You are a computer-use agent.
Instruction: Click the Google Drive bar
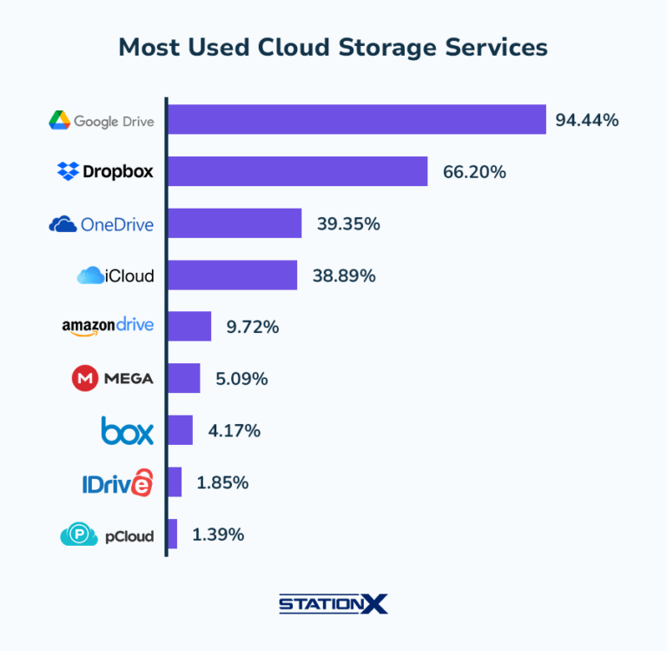tap(356, 120)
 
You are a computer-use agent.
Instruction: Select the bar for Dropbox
tap(297, 171)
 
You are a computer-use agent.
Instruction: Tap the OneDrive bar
tap(234, 223)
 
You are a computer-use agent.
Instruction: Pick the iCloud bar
tap(232, 276)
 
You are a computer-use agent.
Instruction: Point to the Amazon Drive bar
tap(189, 327)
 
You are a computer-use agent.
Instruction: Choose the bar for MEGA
tap(183, 378)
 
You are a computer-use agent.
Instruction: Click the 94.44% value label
tap(587, 121)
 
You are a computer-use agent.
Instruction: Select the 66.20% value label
tap(474, 172)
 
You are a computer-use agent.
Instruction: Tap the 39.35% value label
tap(348, 224)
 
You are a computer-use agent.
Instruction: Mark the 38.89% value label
tap(344, 276)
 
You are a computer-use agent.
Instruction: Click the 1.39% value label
tap(217, 535)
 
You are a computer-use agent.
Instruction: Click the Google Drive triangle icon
tap(59, 121)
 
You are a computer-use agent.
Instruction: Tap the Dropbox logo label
tap(105, 171)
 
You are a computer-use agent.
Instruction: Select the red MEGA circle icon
tap(83, 378)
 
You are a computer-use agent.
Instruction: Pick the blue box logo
tap(127, 430)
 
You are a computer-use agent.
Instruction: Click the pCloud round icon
tap(79, 535)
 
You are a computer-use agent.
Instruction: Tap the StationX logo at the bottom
tap(333, 603)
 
